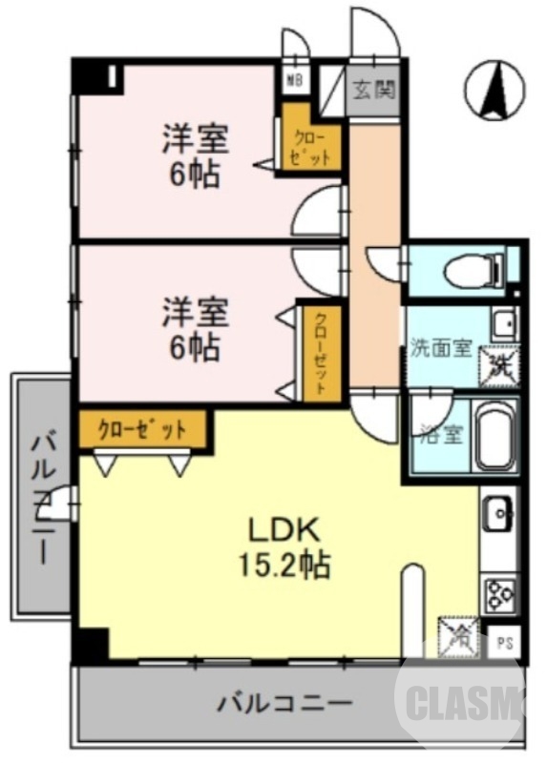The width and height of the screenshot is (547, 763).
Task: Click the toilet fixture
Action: click(473, 270)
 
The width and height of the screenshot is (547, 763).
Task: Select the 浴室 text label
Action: click(441, 435)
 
